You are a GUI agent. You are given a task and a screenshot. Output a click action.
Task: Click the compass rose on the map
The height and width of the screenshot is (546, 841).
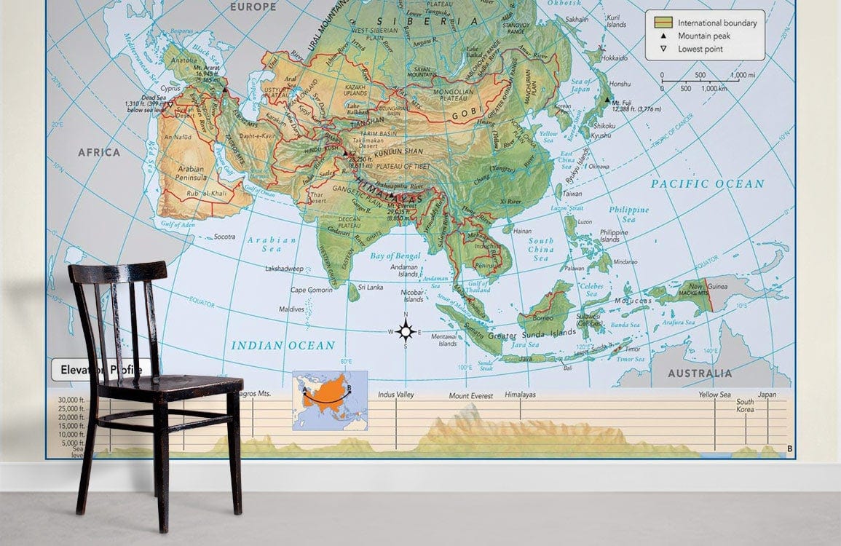coord(406,331)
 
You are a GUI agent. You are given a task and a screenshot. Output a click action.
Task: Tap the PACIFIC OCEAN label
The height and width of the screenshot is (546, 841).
coord(708,183)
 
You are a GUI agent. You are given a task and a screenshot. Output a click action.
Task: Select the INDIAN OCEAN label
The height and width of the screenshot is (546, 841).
coord(283,345)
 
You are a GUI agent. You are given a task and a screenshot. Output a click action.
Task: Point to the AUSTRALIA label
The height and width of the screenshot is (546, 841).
coord(700,373)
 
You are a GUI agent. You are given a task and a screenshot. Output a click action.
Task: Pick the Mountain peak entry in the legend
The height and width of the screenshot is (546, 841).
coord(704,36)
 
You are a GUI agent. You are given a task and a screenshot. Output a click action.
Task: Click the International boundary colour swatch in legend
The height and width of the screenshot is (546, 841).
coord(662,23)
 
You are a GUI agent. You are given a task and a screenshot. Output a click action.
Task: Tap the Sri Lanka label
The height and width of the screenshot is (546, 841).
coord(370,287)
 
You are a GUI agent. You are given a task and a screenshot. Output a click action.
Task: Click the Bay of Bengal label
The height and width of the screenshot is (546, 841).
coord(395,256)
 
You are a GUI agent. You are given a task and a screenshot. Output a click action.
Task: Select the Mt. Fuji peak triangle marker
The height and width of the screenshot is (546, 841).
coord(607,99)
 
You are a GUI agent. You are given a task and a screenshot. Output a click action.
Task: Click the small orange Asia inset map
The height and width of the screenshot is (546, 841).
coord(330,400)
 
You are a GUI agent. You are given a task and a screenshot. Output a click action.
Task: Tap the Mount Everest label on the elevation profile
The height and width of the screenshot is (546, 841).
coord(470,396)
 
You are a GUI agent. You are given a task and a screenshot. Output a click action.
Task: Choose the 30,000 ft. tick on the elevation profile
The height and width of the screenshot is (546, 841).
coord(72,400)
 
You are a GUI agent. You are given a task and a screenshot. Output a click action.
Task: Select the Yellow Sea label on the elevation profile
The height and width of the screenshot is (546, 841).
coord(714,395)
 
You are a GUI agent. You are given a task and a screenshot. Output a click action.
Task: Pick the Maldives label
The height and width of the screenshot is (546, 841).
coord(291,309)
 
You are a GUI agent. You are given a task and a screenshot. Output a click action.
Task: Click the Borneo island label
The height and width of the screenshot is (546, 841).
coord(542,317)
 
